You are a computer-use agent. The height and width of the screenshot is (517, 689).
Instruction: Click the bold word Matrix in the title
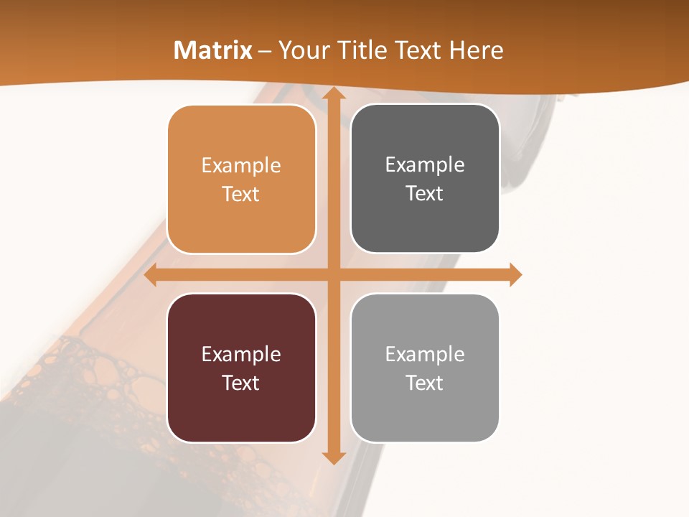[213, 50]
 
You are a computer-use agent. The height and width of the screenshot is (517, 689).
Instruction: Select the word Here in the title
[477, 50]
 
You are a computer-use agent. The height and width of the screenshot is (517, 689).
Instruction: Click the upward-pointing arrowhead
[333, 93]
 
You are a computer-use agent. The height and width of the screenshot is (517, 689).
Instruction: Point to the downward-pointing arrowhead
[333, 457]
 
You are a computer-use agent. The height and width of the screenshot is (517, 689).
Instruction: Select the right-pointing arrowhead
[515, 275]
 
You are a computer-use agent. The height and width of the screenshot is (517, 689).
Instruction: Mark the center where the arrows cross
[333, 275]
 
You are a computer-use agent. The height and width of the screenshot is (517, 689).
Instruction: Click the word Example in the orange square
[241, 166]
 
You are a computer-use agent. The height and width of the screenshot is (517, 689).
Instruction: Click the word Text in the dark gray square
[425, 194]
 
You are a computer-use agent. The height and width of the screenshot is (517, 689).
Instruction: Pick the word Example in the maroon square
[241, 354]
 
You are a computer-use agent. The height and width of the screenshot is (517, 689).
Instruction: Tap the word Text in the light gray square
[425, 383]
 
